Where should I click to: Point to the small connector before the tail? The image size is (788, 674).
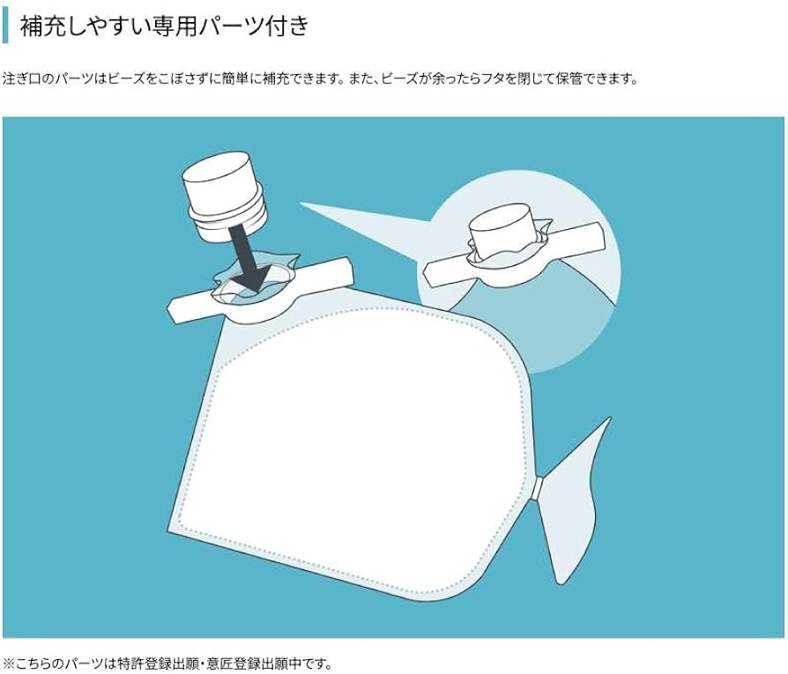pyautogui.click(x=538, y=487)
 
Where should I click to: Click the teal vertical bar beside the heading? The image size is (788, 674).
pyautogui.click(x=6, y=26)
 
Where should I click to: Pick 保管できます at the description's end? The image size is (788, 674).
pyautogui.click(x=599, y=78)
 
